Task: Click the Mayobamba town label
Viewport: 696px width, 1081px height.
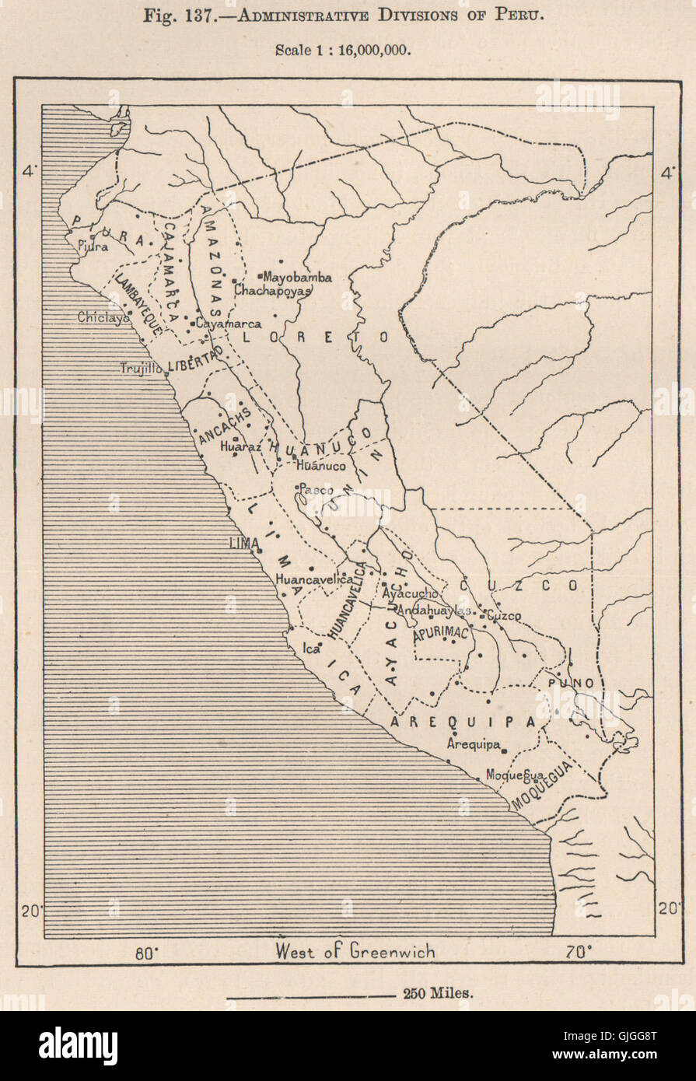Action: (298, 277)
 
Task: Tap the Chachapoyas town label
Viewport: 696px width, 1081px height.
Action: (272, 290)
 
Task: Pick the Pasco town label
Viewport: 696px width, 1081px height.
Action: (317, 490)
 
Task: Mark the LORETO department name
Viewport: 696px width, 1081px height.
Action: (316, 338)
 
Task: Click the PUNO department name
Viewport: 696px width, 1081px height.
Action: (572, 683)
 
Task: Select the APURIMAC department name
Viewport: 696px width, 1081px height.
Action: (442, 634)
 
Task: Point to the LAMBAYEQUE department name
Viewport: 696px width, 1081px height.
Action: (138, 304)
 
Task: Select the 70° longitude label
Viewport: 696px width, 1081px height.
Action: (579, 951)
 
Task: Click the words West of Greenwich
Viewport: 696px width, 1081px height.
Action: (355, 951)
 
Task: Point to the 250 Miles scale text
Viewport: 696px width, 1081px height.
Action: (438, 993)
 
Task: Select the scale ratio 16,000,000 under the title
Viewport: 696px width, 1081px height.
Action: (369, 48)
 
